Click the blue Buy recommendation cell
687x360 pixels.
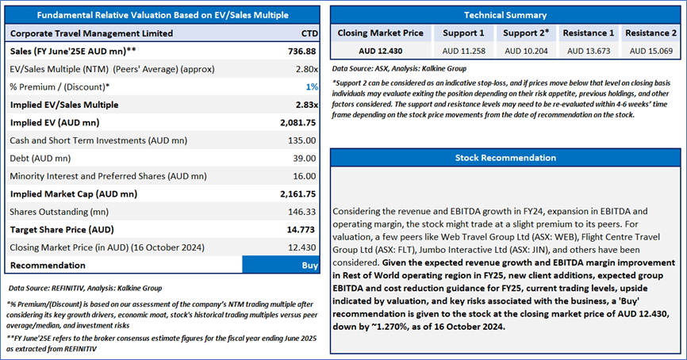click(281, 265)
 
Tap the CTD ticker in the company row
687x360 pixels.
click(309, 33)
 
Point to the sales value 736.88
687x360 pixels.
click(302, 52)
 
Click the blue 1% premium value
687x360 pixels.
click(312, 86)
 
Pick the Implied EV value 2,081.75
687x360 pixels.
click(298, 123)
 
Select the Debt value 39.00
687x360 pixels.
click(305, 158)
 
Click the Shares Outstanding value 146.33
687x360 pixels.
click(302, 212)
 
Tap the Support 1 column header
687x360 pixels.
click(463, 33)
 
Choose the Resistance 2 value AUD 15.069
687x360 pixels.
click(651, 51)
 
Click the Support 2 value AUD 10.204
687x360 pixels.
click(526, 51)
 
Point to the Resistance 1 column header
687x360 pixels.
click(589, 33)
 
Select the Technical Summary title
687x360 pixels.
click(505, 15)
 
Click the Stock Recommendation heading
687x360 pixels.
click(505, 158)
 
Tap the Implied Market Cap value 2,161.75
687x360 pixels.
click(298, 193)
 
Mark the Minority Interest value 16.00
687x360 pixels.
click(305, 176)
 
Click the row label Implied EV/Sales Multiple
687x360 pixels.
click(64, 105)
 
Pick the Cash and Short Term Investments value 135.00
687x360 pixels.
click(302, 140)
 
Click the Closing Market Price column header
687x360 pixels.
click(380, 33)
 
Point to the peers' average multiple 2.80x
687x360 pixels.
click(307, 69)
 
